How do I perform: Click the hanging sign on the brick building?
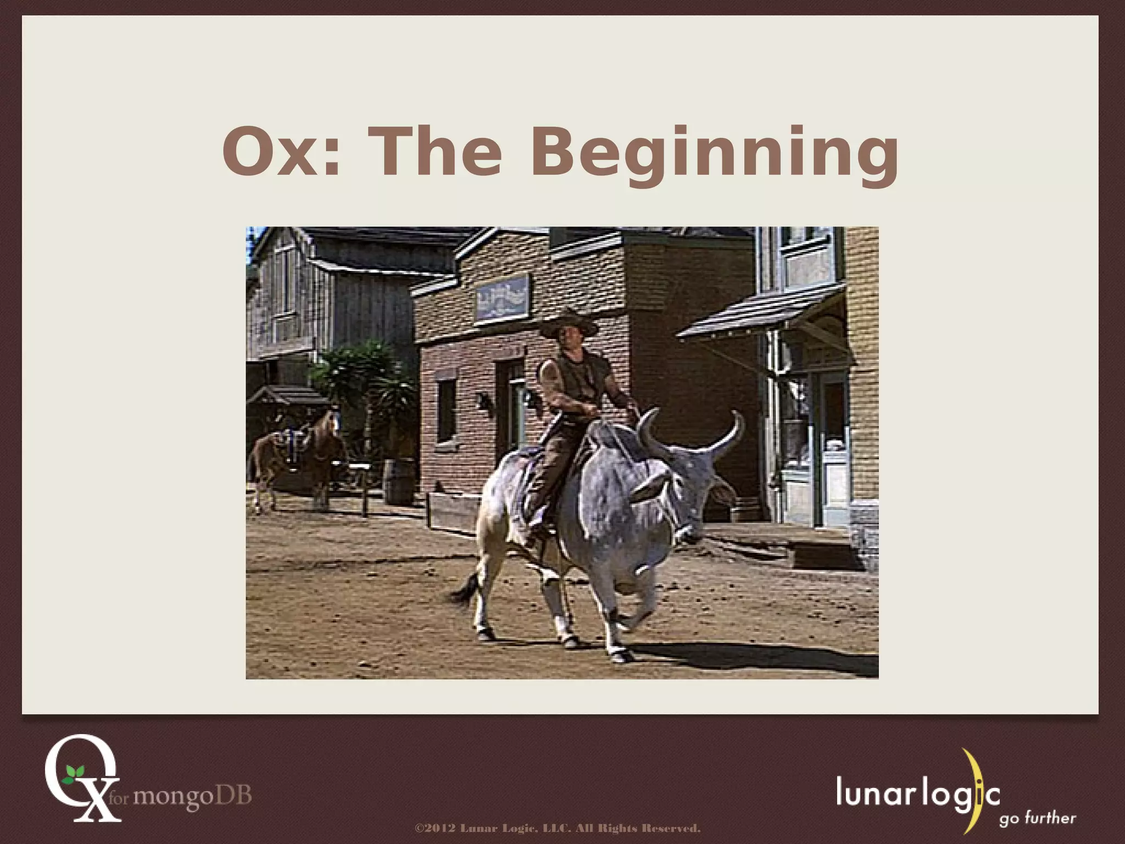point(503,297)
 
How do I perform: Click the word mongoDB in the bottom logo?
point(192,795)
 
